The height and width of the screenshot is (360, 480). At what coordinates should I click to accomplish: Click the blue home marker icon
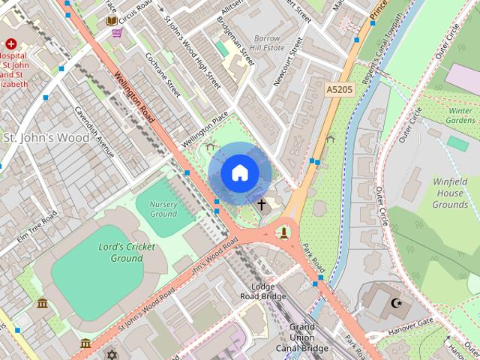click(239, 173)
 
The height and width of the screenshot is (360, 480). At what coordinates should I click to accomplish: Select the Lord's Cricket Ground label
click(127, 253)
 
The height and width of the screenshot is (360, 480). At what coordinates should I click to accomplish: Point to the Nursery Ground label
click(163, 208)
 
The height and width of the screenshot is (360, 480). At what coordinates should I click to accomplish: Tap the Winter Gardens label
click(460, 115)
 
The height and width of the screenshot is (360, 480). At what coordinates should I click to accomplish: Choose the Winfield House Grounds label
click(450, 193)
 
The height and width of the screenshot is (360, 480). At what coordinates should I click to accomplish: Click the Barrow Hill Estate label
click(267, 43)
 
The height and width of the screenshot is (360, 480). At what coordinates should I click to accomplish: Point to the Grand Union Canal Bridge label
click(302, 337)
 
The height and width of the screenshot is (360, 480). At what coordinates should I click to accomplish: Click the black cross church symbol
click(262, 204)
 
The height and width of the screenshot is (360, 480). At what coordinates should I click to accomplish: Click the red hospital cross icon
click(11, 44)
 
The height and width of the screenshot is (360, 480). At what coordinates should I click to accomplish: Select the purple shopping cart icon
click(117, 32)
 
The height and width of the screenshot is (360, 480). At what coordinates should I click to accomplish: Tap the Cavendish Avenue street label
click(94, 131)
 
